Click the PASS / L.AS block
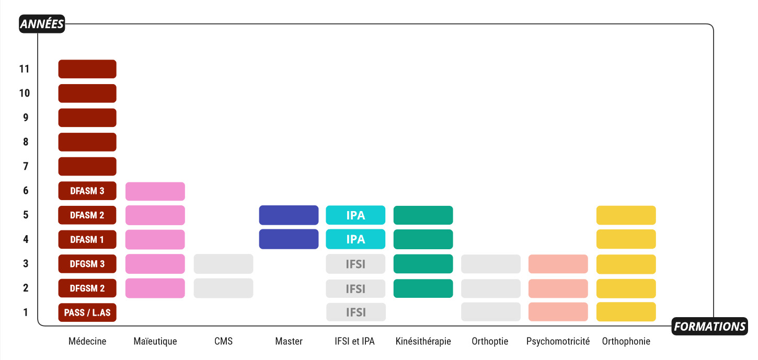[x=87, y=312]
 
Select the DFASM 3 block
[x=87, y=191]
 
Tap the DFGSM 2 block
[x=87, y=288]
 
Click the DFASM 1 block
[x=87, y=239]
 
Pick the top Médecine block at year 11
[x=87, y=69]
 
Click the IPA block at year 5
[x=355, y=215]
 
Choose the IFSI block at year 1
[x=355, y=312]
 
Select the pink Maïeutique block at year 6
[x=155, y=191]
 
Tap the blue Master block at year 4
[x=289, y=239]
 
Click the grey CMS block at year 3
[x=223, y=264]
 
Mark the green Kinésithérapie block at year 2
[x=423, y=288]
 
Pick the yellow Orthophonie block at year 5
[x=626, y=215]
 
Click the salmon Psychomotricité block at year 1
[x=558, y=311]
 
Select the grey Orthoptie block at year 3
[x=491, y=264]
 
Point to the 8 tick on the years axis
[x=26, y=142]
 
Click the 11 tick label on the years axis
[x=25, y=69]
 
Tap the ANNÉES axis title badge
[x=42, y=24]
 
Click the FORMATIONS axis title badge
[x=709, y=326]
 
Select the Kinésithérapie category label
[x=423, y=341]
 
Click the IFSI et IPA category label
[x=354, y=341]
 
